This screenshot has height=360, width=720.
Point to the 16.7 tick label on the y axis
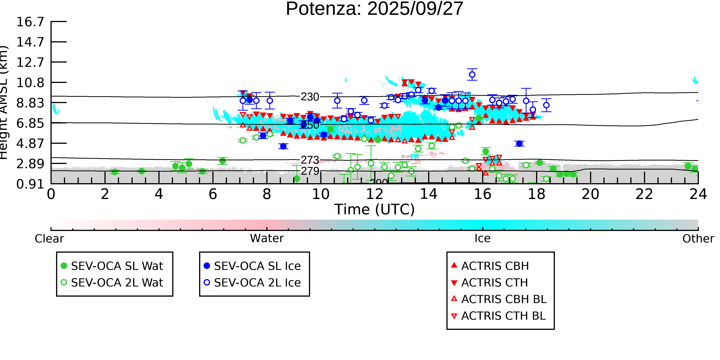(30, 22)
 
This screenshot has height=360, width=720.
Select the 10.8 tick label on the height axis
(30, 83)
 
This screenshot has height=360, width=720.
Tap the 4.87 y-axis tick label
(30, 144)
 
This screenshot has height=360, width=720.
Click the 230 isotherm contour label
(310, 97)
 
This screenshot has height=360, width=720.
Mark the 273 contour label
(310, 160)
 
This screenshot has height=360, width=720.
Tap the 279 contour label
(310, 171)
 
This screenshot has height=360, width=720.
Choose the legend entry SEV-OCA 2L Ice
(257, 283)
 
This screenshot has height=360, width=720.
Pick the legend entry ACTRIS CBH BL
(504, 299)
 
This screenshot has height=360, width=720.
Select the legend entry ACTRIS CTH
(494, 283)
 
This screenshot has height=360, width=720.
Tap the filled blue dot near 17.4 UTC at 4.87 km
(519, 144)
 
